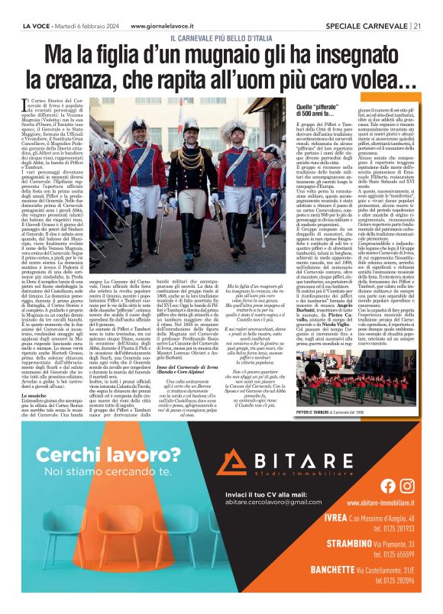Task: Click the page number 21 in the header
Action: (418, 24)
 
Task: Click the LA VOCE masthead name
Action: (34, 24)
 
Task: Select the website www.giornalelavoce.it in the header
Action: (167, 24)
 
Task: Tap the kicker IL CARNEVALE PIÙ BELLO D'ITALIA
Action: (221, 37)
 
